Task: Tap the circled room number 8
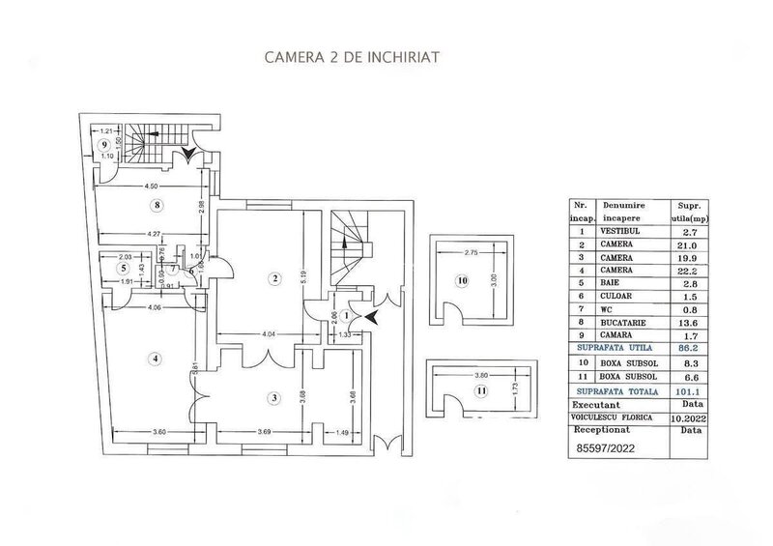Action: tap(157, 205)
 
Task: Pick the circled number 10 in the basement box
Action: tap(462, 281)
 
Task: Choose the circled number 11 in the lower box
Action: tap(480, 390)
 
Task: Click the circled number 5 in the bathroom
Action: tap(124, 268)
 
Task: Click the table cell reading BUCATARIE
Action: tap(624, 324)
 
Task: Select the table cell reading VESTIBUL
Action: tap(624, 231)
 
